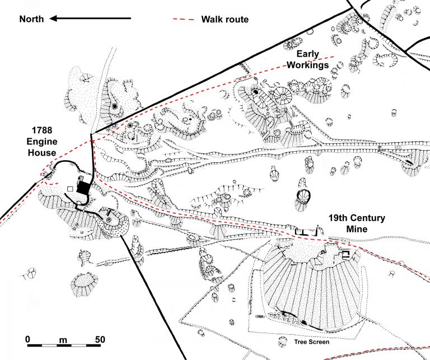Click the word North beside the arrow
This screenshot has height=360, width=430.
pos(32,19)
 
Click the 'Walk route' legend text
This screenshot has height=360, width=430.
pos(225,20)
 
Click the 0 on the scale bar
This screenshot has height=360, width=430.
pos(27,339)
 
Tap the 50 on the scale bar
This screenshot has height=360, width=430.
pos(100,339)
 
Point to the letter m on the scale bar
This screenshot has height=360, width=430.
pos(63,339)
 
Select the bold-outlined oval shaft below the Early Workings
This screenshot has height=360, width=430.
pos(302,197)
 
